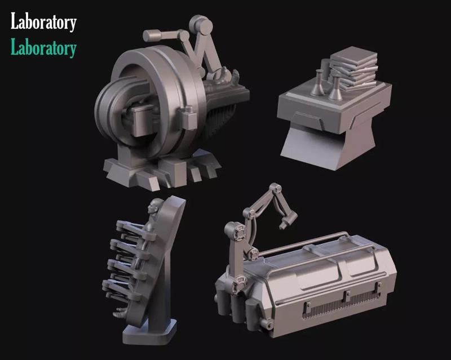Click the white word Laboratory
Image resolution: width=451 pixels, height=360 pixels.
pyautogui.click(x=43, y=23)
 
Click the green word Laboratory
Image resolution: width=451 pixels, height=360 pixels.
pyautogui.click(x=43, y=48)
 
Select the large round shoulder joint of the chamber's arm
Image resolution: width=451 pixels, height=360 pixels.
pyautogui.click(x=232, y=230)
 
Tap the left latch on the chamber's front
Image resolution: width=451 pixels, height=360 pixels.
pyautogui.click(x=308, y=308)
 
